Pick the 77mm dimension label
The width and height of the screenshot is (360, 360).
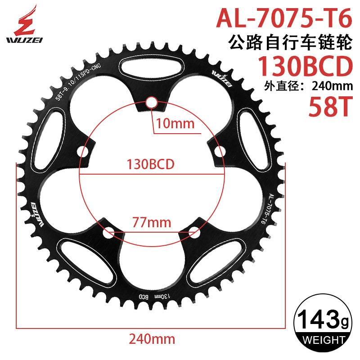click(152, 222)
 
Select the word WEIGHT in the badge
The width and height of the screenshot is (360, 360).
click(320, 339)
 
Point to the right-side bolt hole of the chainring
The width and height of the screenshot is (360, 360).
click(220, 151)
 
